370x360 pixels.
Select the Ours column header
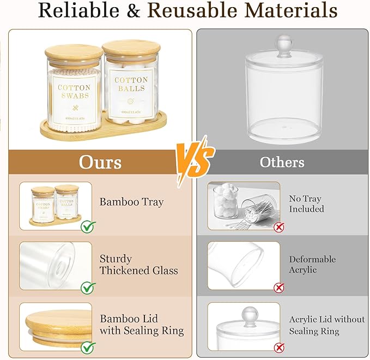[x=100, y=162]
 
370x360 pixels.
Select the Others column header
[x=282, y=162]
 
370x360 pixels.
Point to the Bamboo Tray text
[x=131, y=202]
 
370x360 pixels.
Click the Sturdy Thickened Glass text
[x=138, y=264]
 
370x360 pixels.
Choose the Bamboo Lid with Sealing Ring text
[x=142, y=325]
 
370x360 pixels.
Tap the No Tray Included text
[x=306, y=203]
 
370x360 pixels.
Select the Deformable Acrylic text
[x=312, y=265]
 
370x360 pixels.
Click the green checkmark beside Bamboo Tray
[x=88, y=226]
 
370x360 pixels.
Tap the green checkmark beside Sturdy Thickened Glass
[x=88, y=287]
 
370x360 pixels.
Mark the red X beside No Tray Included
[x=279, y=226]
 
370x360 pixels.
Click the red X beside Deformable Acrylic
[x=279, y=287]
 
